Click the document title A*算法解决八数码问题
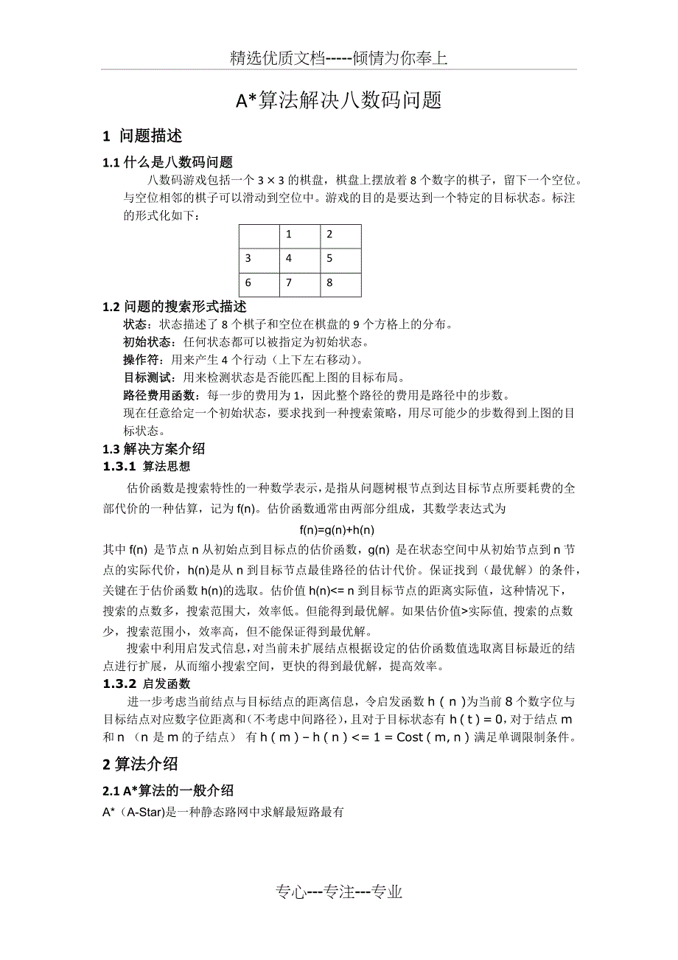338,101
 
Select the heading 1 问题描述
143,136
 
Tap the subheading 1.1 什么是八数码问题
168,163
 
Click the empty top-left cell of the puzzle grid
259,236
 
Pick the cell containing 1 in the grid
300,236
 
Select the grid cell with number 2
340,236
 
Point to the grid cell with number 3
259,260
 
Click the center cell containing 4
300,260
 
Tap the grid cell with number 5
340,260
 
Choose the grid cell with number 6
259,284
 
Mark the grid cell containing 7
300,284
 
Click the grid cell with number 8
340,284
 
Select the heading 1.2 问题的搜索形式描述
175,307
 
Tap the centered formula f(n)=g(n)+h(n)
338,529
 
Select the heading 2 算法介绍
140,764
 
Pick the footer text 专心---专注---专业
339,892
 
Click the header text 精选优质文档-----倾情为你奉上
338,59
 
